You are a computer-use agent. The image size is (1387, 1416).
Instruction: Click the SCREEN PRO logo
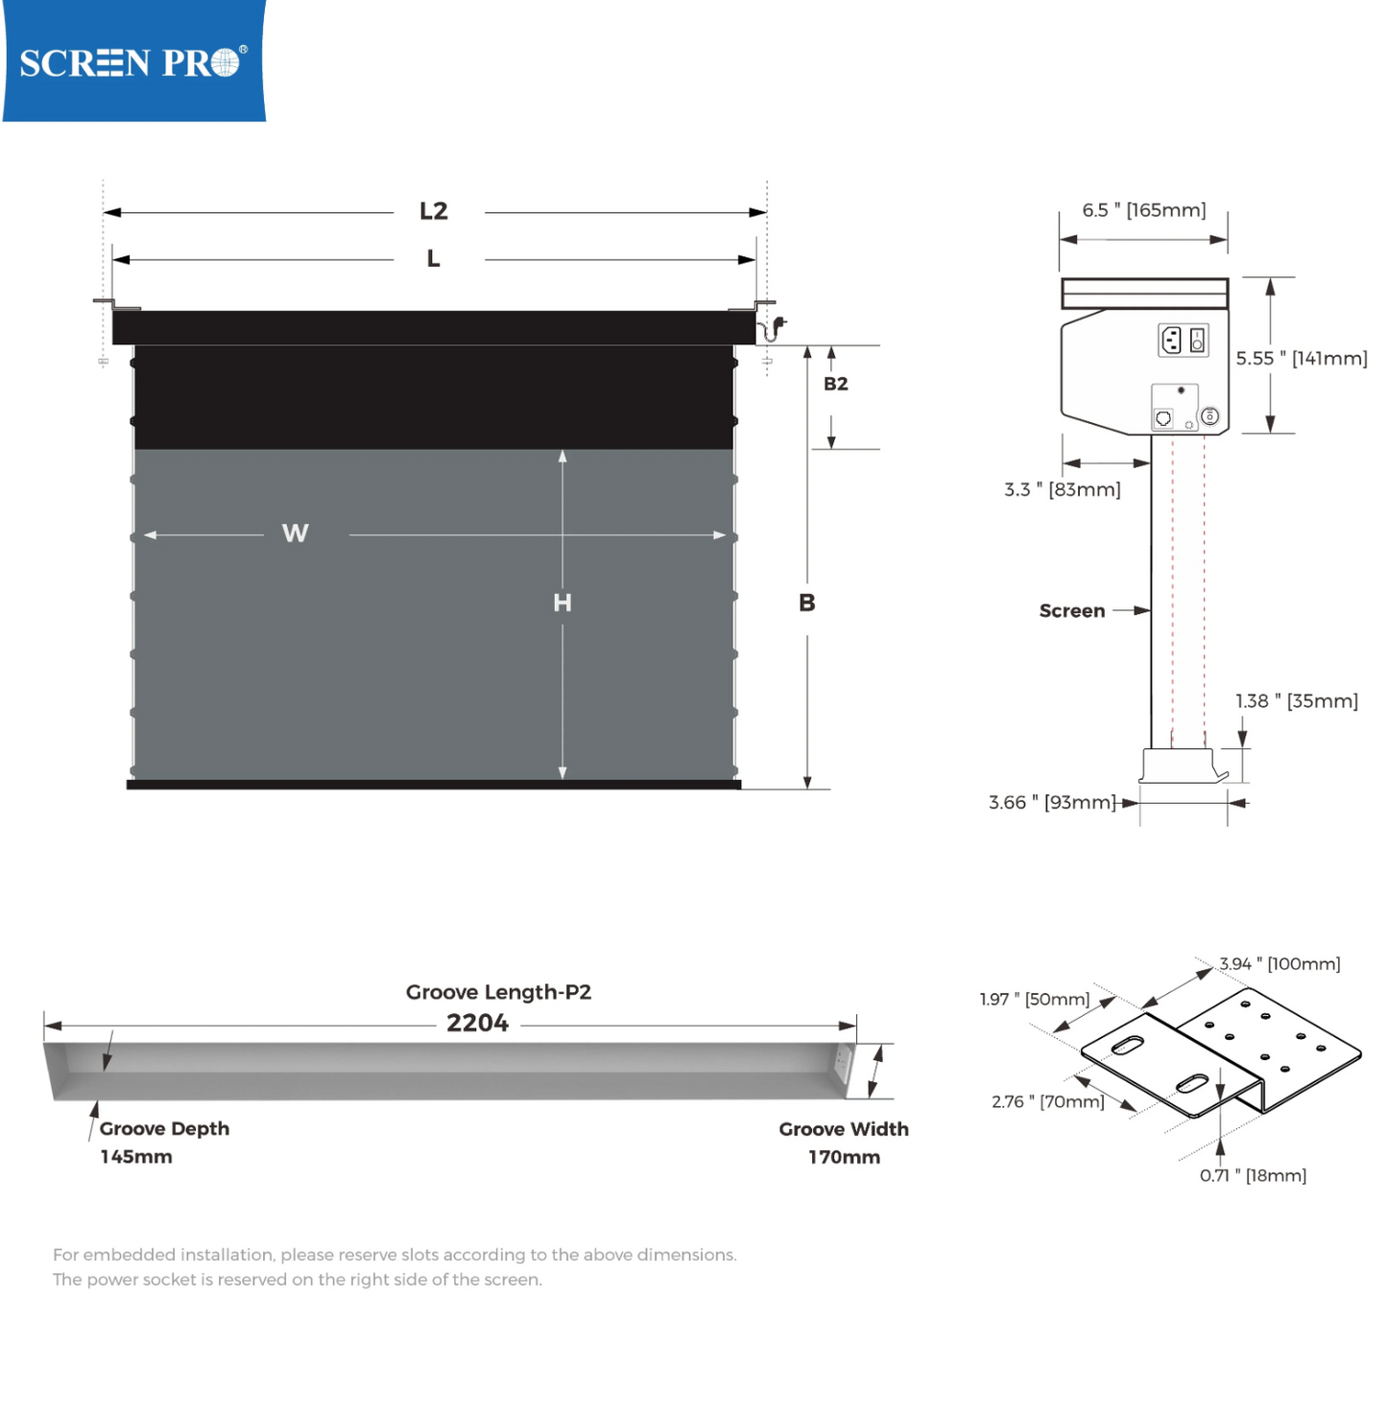coord(132,62)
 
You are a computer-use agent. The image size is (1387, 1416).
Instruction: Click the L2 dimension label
coord(434,211)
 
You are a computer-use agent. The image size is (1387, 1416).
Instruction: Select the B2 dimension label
coord(835,384)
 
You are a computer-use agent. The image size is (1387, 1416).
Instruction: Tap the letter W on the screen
coord(296,533)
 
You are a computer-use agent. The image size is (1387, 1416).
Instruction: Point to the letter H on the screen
coord(562,602)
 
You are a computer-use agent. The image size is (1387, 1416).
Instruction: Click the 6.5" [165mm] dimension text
coord(1143,210)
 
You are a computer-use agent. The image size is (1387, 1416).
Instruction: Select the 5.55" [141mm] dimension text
coord(1301,358)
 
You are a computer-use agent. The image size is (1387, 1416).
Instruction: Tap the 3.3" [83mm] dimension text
coord(1062,489)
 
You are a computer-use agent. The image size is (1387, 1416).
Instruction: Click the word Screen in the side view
coord(1071,611)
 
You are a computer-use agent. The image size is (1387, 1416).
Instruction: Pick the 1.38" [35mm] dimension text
coord(1296,701)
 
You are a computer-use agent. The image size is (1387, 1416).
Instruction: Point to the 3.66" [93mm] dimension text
coord(1052,802)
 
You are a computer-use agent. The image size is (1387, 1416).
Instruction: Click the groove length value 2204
coord(477,1023)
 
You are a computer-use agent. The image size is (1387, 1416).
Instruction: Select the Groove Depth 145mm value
coord(136,1157)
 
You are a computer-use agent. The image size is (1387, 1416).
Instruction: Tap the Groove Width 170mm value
coord(844,1157)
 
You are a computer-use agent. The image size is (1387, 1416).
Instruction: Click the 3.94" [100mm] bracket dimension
coord(1279,963)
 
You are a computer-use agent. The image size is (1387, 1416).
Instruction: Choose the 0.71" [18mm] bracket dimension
coord(1253,1175)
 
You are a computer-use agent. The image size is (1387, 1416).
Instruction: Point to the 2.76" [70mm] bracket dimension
coord(1047,1101)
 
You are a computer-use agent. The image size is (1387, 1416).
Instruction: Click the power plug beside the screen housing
coord(777,326)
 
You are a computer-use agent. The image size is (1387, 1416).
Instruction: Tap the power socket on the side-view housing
coord(1171,340)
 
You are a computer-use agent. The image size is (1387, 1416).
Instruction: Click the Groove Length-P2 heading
coord(498,992)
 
